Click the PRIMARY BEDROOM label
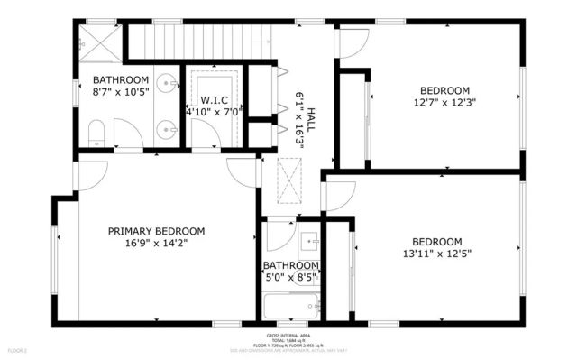[x=156, y=231]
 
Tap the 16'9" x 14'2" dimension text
[x=156, y=243]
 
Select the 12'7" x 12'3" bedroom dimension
[x=445, y=102]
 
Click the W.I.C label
[x=214, y=100]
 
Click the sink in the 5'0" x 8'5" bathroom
[x=309, y=241]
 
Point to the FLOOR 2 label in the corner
[x=18, y=349]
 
